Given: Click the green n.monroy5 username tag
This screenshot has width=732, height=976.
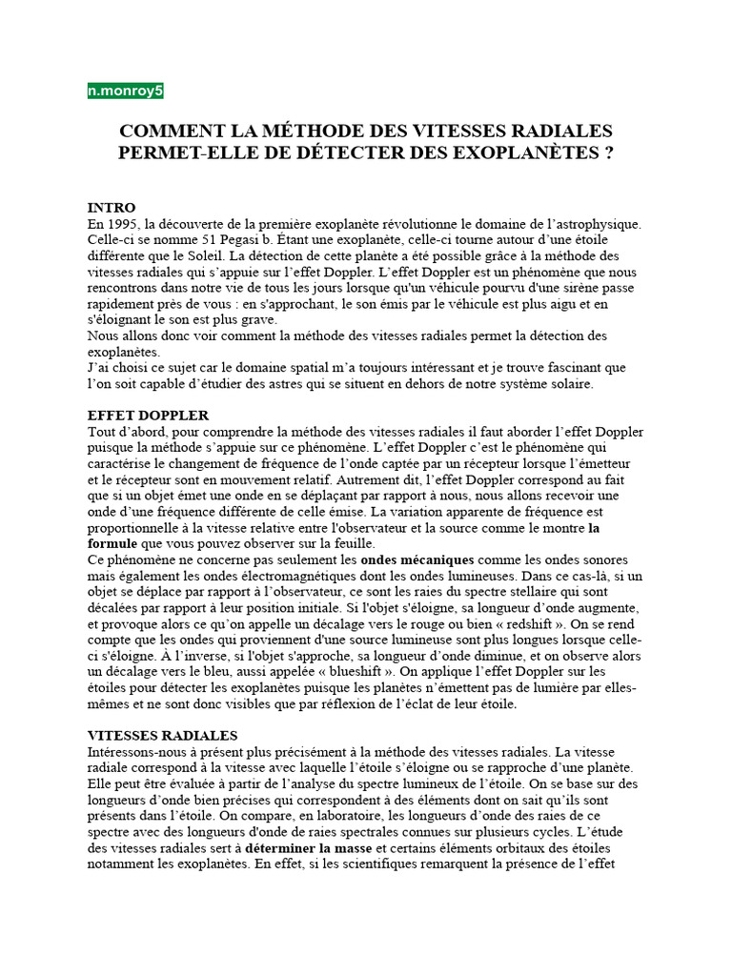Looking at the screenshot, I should pyautogui.click(x=125, y=91).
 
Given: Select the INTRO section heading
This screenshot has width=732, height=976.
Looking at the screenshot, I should pyautogui.click(x=112, y=207).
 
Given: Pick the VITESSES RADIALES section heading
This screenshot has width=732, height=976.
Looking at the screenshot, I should pyautogui.click(x=163, y=736).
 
